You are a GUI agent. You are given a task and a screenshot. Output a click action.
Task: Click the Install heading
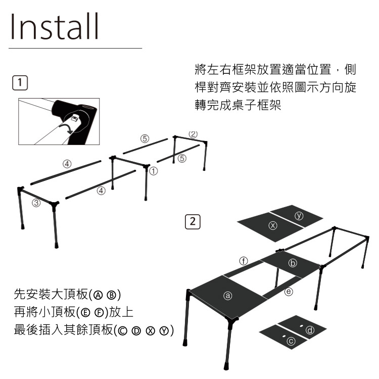(55, 26)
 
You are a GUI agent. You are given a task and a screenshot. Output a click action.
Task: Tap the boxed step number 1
(20, 83)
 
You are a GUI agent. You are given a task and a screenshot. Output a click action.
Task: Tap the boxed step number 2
(193, 222)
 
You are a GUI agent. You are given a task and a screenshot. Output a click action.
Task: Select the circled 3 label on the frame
(36, 203)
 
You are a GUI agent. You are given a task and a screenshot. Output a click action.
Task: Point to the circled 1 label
(153, 171)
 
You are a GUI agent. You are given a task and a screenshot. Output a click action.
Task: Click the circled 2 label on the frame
(193, 134)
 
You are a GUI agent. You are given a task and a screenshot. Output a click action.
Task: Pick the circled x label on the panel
(273, 225)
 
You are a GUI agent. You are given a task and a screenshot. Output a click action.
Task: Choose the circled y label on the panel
(299, 216)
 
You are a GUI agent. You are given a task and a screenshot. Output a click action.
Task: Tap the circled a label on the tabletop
(228, 296)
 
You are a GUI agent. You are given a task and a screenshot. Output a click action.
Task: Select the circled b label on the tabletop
(293, 263)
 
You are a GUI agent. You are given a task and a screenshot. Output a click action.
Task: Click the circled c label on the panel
(291, 341)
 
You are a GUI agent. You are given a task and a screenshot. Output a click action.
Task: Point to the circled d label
(310, 330)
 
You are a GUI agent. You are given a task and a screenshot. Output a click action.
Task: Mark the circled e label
(289, 292)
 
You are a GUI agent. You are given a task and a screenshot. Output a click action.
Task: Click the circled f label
(244, 261)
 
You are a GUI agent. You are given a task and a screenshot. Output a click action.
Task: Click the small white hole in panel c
(284, 336)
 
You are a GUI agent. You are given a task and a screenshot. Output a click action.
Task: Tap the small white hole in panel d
(302, 326)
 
